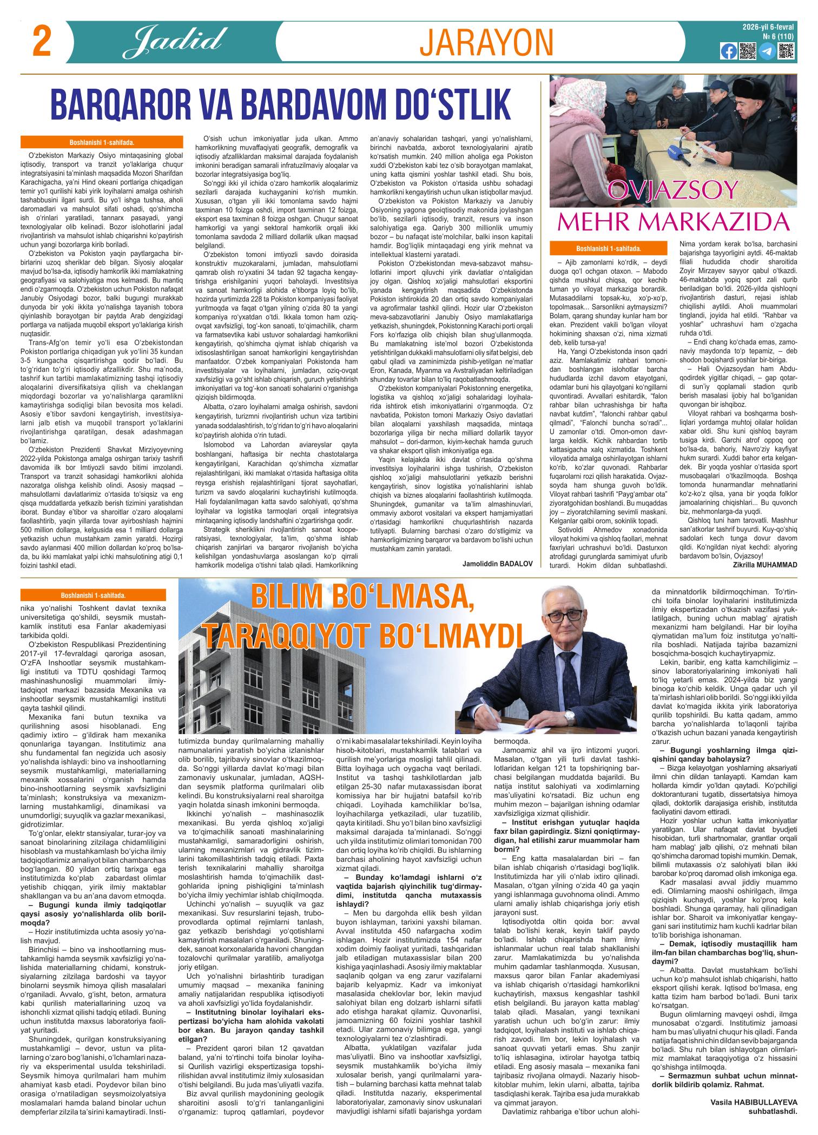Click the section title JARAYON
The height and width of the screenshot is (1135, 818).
[487, 43]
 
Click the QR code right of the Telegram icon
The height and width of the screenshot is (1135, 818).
[785, 51]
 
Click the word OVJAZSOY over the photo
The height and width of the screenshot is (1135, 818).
[673, 190]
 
